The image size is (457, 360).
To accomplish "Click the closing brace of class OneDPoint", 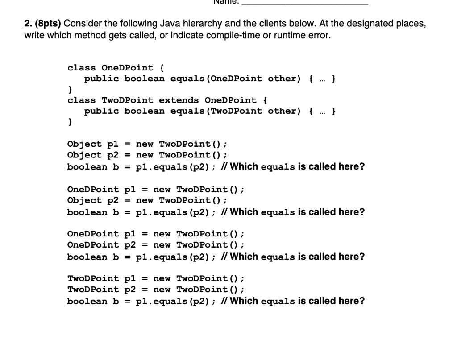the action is (70, 90).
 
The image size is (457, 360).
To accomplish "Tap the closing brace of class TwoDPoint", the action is (70, 122).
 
